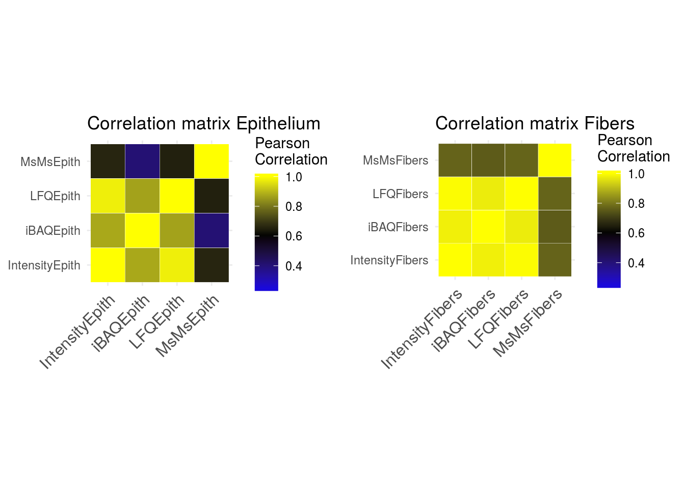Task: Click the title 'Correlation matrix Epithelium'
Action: click(204, 124)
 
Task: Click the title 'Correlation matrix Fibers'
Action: click(535, 124)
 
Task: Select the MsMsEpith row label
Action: click(50, 162)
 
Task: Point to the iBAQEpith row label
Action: click(53, 231)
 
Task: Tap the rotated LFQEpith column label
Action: click(157, 322)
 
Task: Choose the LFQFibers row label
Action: click(400, 194)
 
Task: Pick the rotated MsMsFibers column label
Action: click(528, 322)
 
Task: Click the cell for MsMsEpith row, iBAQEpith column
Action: click(143, 161)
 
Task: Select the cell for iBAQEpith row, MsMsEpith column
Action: click(212, 230)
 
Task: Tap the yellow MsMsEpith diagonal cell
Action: click(212, 161)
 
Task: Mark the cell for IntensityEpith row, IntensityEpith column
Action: click(108, 265)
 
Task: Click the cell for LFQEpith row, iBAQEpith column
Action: click(143, 196)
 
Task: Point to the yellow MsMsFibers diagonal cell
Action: click(555, 160)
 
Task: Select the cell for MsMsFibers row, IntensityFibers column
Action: click(455, 160)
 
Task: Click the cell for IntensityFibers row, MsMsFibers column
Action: click(555, 260)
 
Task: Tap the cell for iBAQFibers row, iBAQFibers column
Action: click(488, 227)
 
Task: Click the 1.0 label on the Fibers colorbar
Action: click(636, 174)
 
